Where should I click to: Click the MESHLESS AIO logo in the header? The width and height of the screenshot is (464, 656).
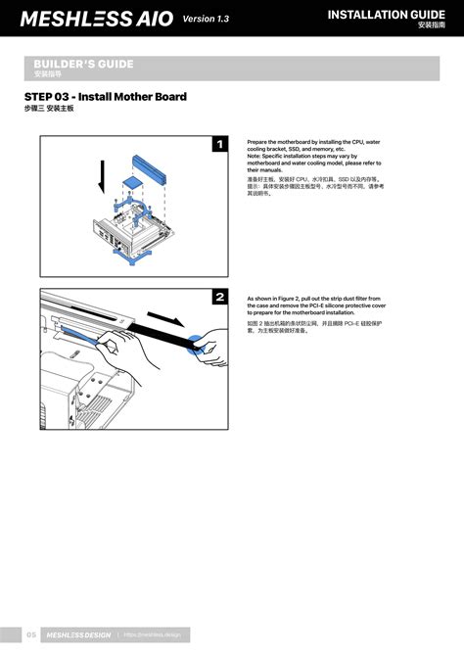(x=96, y=19)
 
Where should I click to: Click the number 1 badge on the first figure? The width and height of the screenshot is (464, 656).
(x=220, y=145)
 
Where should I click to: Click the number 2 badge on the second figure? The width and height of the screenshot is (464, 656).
(x=220, y=297)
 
